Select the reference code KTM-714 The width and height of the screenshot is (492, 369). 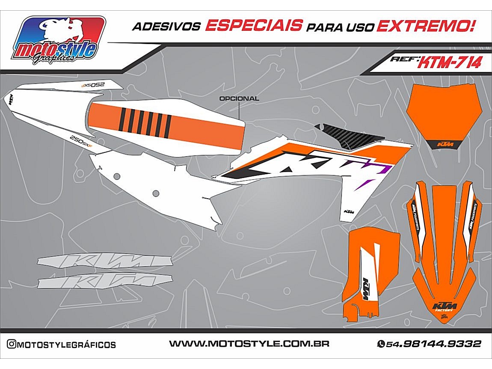(449, 62)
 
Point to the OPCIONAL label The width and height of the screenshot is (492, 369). (239, 98)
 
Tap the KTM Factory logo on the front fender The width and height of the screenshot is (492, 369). (445, 307)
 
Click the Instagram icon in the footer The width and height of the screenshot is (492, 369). (12, 344)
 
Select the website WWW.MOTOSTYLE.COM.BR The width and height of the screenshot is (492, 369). (249, 344)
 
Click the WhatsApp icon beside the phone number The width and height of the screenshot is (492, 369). (380, 344)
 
